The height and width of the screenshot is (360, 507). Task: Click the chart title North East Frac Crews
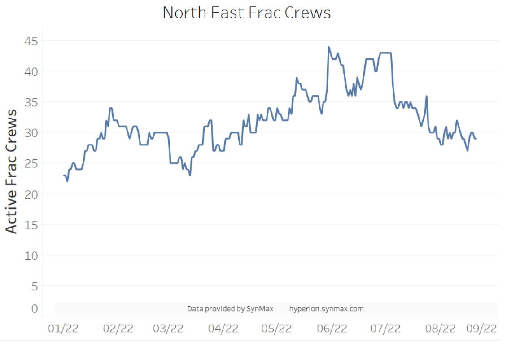pos(246,13)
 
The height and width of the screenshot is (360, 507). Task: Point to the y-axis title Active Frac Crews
pos(12,171)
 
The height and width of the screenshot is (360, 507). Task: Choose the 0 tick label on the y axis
pos(34,308)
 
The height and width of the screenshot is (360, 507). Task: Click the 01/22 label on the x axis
pos(63,329)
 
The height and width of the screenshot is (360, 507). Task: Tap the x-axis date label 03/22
pos(168,329)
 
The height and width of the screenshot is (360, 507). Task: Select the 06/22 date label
pos(332,329)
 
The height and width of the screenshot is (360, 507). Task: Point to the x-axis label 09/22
pos(481,329)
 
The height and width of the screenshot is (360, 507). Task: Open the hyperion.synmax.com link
pos(326,309)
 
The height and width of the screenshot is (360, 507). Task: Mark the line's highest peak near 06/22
pos(328,47)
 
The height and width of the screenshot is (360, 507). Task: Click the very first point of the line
pos(64,175)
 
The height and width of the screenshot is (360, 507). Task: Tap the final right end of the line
pos(476,139)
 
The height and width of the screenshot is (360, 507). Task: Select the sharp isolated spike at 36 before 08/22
pos(426,96)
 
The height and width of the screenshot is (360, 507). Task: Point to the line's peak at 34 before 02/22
pos(110,108)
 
